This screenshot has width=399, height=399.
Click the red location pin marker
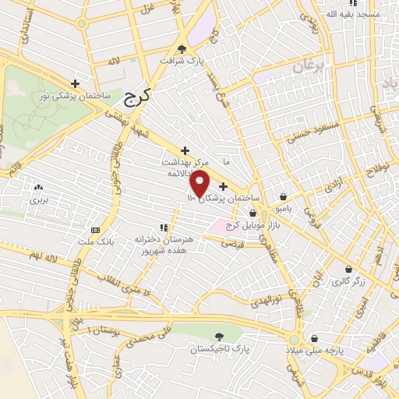200,184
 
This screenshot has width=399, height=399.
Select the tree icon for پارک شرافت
182,47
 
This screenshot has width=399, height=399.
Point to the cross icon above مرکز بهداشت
185,150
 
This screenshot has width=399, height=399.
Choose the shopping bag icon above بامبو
282,197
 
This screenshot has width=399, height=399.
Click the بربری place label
39,200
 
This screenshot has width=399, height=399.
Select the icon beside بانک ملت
95,230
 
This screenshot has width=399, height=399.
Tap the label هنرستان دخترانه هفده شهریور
163,245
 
